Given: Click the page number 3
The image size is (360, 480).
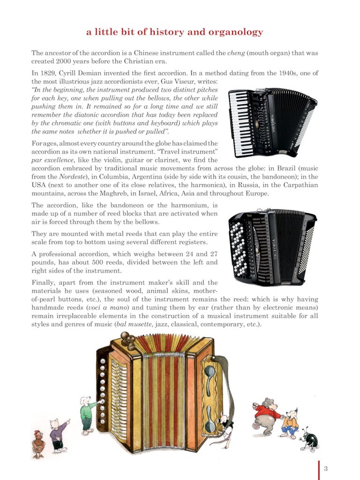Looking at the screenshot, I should point(325,468).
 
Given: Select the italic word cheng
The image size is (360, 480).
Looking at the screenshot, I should point(236,53).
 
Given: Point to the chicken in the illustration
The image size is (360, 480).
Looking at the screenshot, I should point(38,443).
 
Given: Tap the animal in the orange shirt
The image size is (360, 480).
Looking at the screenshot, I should point(291,422).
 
